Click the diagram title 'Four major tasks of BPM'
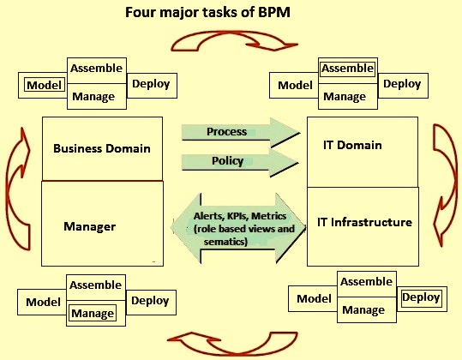tap(207, 13)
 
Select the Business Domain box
tap(102, 149)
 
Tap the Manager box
tap(102, 224)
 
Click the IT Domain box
tap(363, 152)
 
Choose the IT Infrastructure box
tap(363, 226)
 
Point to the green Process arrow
tap(240, 133)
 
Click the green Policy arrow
tap(240, 162)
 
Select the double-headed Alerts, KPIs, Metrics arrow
tap(238, 228)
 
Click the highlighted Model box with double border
tap(45, 85)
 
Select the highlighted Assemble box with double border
tap(348, 69)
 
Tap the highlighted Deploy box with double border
tap(422, 297)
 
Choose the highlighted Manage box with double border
tap(93, 313)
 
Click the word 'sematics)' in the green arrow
tap(225, 242)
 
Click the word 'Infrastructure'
tap(371, 222)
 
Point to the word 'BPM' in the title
tap(274, 13)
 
